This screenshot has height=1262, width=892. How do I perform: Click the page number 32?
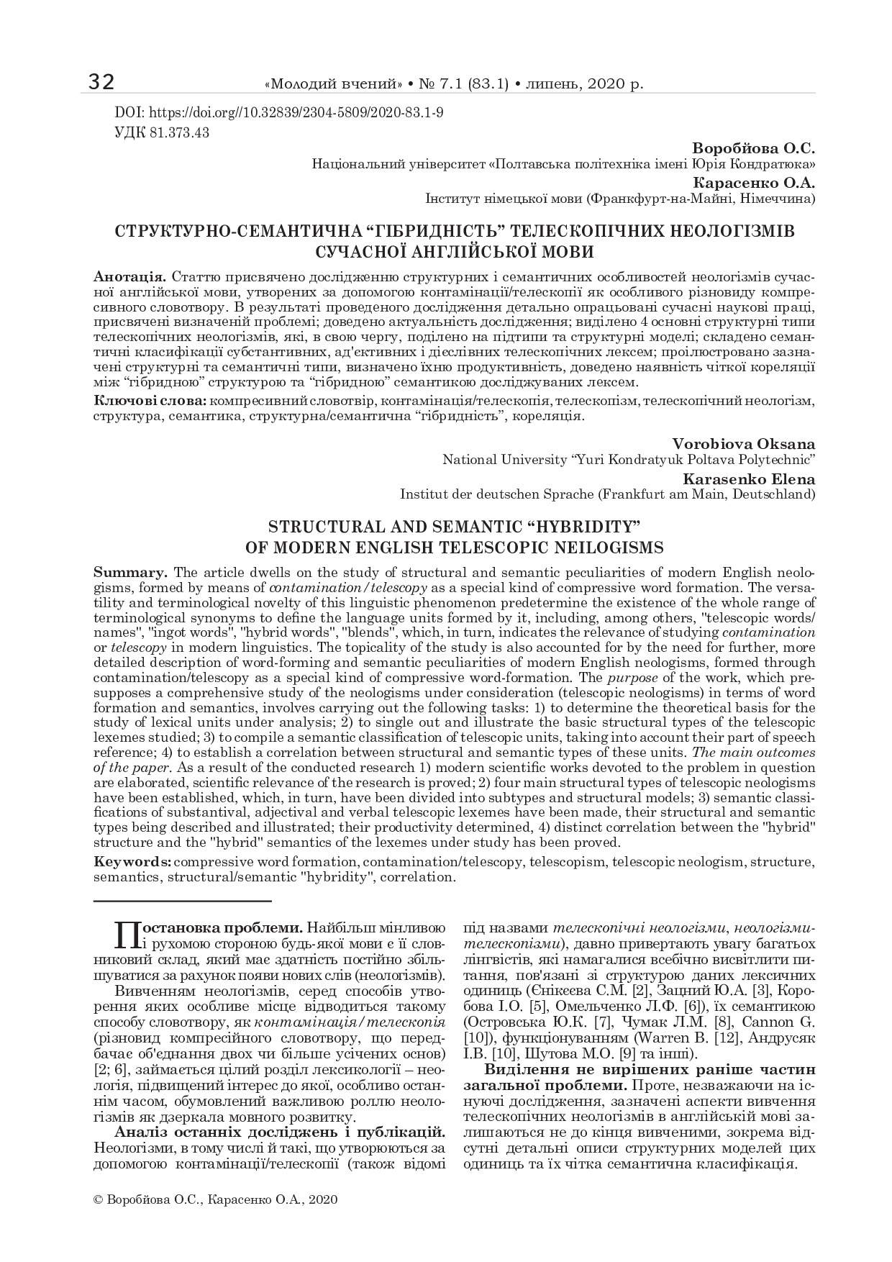[x=101, y=83]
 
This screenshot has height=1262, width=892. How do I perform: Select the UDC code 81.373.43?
[x=180, y=133]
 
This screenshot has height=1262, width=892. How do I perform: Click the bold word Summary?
[x=131, y=573]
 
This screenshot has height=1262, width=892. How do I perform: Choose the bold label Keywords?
[x=132, y=862]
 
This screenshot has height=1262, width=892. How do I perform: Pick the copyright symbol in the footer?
[x=99, y=1199]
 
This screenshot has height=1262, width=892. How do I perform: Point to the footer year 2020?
[x=324, y=1199]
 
